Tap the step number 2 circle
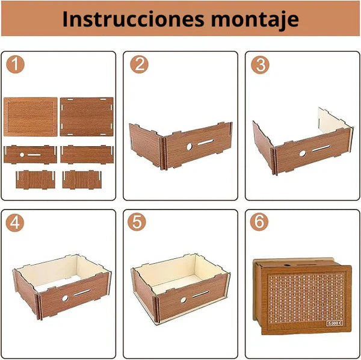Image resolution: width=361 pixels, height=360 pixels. tap(140, 64)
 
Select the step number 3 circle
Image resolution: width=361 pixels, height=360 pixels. tap(261, 64)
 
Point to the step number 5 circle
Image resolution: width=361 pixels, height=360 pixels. tap(137, 222)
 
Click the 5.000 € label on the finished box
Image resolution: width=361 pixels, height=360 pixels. tap(335, 323)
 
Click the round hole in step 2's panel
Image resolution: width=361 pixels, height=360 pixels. tap(188, 146)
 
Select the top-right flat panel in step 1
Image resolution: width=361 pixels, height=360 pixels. tap(87, 117)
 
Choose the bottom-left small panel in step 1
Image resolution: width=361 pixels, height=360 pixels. tap(32, 179)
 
